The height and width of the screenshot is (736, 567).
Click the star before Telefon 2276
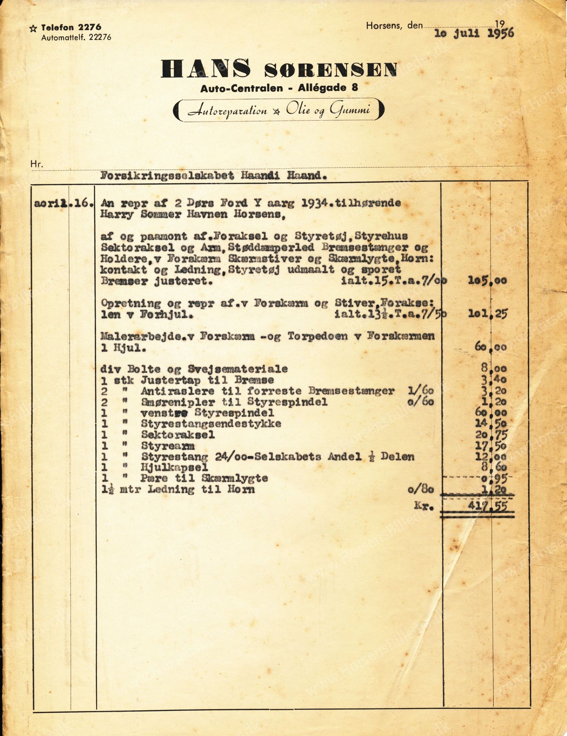click(33, 28)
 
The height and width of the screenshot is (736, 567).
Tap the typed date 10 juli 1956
click(474, 33)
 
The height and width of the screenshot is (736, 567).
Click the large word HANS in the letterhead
click(206, 68)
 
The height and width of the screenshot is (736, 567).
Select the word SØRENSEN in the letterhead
click(331, 70)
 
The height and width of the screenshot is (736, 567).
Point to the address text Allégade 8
click(328, 88)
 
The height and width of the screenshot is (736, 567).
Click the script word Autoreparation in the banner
click(227, 110)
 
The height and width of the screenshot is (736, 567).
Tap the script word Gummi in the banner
click(350, 110)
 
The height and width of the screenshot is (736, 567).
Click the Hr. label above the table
click(37, 164)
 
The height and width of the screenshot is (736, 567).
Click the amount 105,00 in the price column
click(487, 280)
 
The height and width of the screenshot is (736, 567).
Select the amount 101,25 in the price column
click(487, 314)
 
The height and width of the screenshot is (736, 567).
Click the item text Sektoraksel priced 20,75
click(178, 435)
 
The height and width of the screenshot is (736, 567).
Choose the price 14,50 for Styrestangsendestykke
click(491, 424)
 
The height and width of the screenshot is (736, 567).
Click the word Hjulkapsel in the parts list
click(174, 467)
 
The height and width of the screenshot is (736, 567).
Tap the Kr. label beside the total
click(423, 506)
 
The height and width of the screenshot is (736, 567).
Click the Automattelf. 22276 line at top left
click(76, 37)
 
